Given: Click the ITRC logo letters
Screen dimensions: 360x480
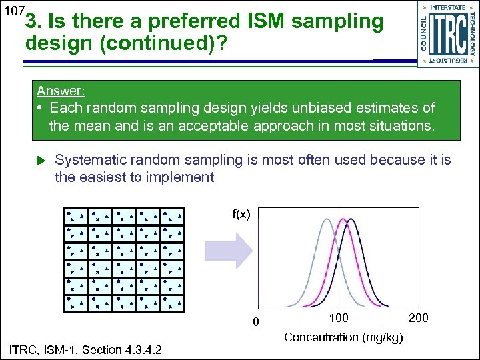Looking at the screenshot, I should coord(448,34).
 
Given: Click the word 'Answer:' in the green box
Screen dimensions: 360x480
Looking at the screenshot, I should coord(61,91).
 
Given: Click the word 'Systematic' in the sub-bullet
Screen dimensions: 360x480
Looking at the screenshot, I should coord(90,160).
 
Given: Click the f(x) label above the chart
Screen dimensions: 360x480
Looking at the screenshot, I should coord(241,214).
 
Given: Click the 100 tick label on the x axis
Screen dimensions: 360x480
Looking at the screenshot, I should coord(339,318).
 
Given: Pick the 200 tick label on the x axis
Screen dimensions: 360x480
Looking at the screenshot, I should coord(418,318).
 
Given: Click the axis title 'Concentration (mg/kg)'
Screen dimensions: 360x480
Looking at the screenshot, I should coord(343,337).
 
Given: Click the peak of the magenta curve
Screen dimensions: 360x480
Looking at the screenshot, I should coord(344,220).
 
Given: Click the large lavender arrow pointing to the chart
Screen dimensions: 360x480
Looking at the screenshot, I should coord(227,250).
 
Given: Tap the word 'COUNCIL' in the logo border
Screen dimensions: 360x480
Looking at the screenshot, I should coord(425,34).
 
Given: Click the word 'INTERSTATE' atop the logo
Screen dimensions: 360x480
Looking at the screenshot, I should coord(448,7).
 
